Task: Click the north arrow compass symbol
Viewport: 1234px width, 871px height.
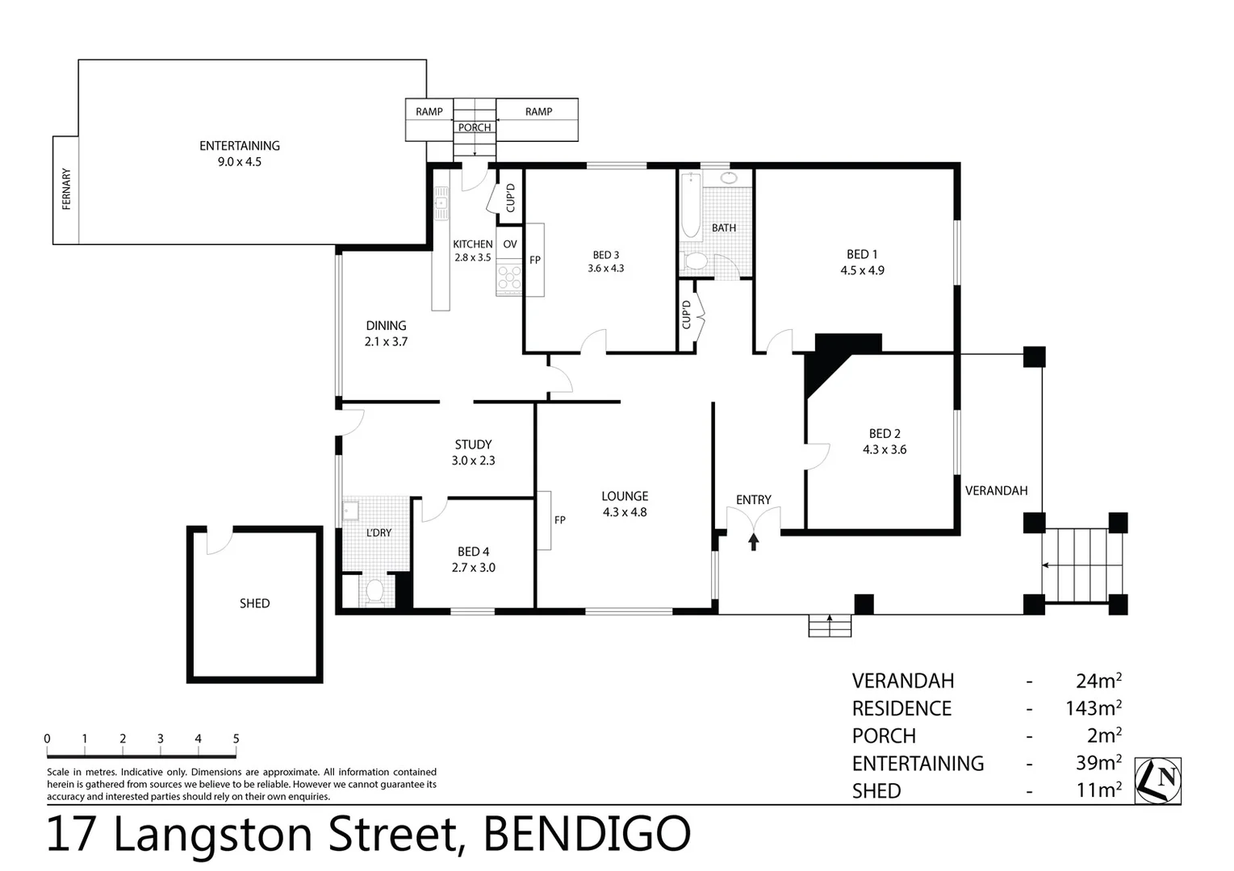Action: pos(1157,780)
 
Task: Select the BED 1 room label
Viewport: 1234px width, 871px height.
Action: pos(862,255)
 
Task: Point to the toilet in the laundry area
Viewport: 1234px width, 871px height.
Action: pos(374,592)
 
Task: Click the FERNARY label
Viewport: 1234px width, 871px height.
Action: pos(66,190)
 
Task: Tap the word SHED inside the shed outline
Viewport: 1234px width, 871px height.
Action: pos(254,603)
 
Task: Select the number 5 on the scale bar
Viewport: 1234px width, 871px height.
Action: pos(236,739)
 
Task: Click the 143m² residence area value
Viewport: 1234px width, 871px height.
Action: pos(1093,709)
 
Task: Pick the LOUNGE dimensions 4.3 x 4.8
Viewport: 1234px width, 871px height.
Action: pos(625,512)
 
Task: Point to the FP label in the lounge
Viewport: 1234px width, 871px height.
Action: pos(560,520)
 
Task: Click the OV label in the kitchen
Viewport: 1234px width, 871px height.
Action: pos(510,244)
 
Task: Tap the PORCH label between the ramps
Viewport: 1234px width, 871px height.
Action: pos(475,127)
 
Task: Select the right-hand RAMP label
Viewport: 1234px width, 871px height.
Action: pos(538,111)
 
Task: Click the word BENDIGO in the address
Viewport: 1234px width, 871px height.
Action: pos(586,835)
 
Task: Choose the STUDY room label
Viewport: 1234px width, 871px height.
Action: pos(473,444)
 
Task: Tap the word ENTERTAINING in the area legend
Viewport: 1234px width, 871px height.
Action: pos(918,764)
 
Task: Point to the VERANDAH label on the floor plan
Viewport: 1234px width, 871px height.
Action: pos(996,490)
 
